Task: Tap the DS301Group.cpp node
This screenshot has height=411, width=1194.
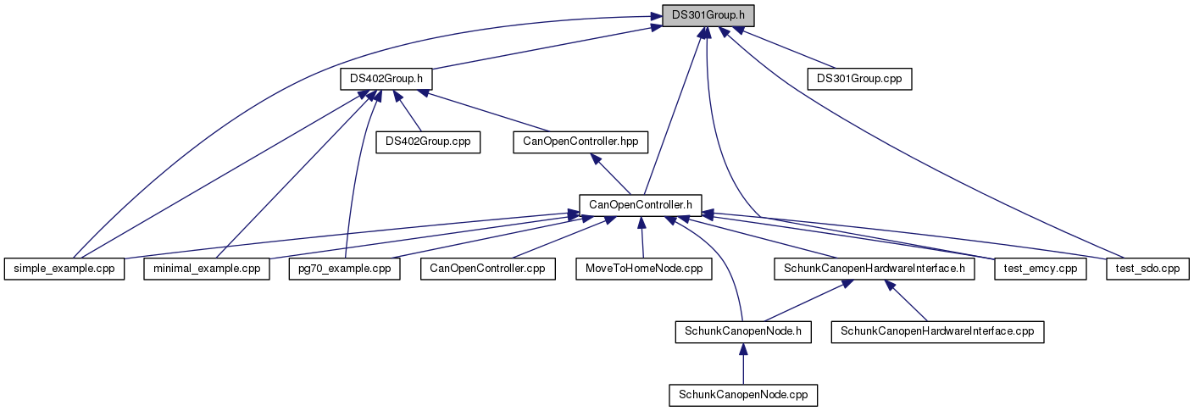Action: (859, 79)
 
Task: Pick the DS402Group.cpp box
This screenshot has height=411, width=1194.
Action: (428, 142)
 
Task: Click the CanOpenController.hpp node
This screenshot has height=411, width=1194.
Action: (580, 142)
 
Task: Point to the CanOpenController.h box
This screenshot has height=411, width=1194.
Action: (641, 204)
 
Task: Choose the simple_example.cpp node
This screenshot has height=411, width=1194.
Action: (64, 269)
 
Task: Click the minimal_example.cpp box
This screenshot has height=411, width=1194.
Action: (207, 269)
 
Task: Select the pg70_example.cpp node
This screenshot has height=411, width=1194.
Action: (344, 269)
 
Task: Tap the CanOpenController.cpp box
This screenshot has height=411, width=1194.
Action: (488, 269)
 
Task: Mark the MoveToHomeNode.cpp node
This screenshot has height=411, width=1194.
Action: (644, 269)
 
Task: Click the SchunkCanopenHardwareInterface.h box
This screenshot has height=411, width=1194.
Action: (874, 269)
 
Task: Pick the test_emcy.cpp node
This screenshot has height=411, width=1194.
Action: (1040, 269)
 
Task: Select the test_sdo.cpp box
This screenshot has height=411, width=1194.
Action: (1148, 269)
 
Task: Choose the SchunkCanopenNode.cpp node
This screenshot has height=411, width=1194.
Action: (743, 395)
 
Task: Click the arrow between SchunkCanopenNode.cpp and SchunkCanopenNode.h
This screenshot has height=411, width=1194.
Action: (743, 364)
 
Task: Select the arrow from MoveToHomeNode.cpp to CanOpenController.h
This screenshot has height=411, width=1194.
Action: (643, 237)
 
